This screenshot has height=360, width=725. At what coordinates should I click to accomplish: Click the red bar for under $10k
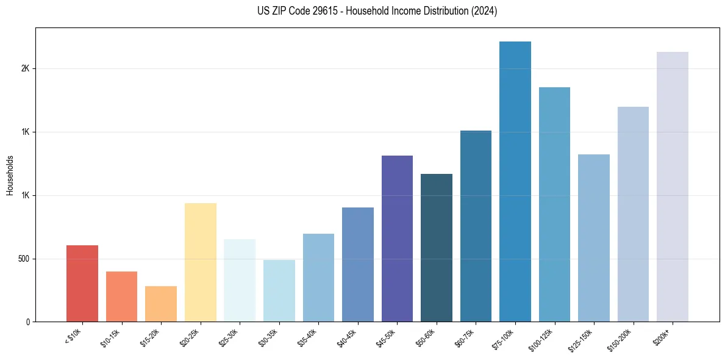click(x=82, y=284)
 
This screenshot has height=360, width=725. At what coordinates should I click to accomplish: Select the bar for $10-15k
click(x=121, y=297)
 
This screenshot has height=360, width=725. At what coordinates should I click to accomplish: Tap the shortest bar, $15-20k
click(x=161, y=304)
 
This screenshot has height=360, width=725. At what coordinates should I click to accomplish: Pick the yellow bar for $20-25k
click(x=200, y=262)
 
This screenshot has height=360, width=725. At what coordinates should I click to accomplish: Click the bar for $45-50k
click(x=397, y=239)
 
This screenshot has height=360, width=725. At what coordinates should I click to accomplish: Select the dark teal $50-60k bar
click(x=437, y=248)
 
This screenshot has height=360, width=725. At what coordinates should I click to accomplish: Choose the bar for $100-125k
click(x=554, y=204)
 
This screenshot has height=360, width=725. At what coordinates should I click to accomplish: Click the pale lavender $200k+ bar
click(x=673, y=187)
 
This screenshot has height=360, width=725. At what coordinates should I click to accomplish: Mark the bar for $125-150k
click(x=594, y=238)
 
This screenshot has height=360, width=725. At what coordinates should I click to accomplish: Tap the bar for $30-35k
click(x=279, y=291)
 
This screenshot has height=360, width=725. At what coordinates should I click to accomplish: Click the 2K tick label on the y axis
click(x=25, y=69)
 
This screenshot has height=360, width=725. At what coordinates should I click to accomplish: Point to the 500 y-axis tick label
click(x=24, y=259)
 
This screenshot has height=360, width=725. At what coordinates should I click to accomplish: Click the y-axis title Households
click(x=10, y=175)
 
